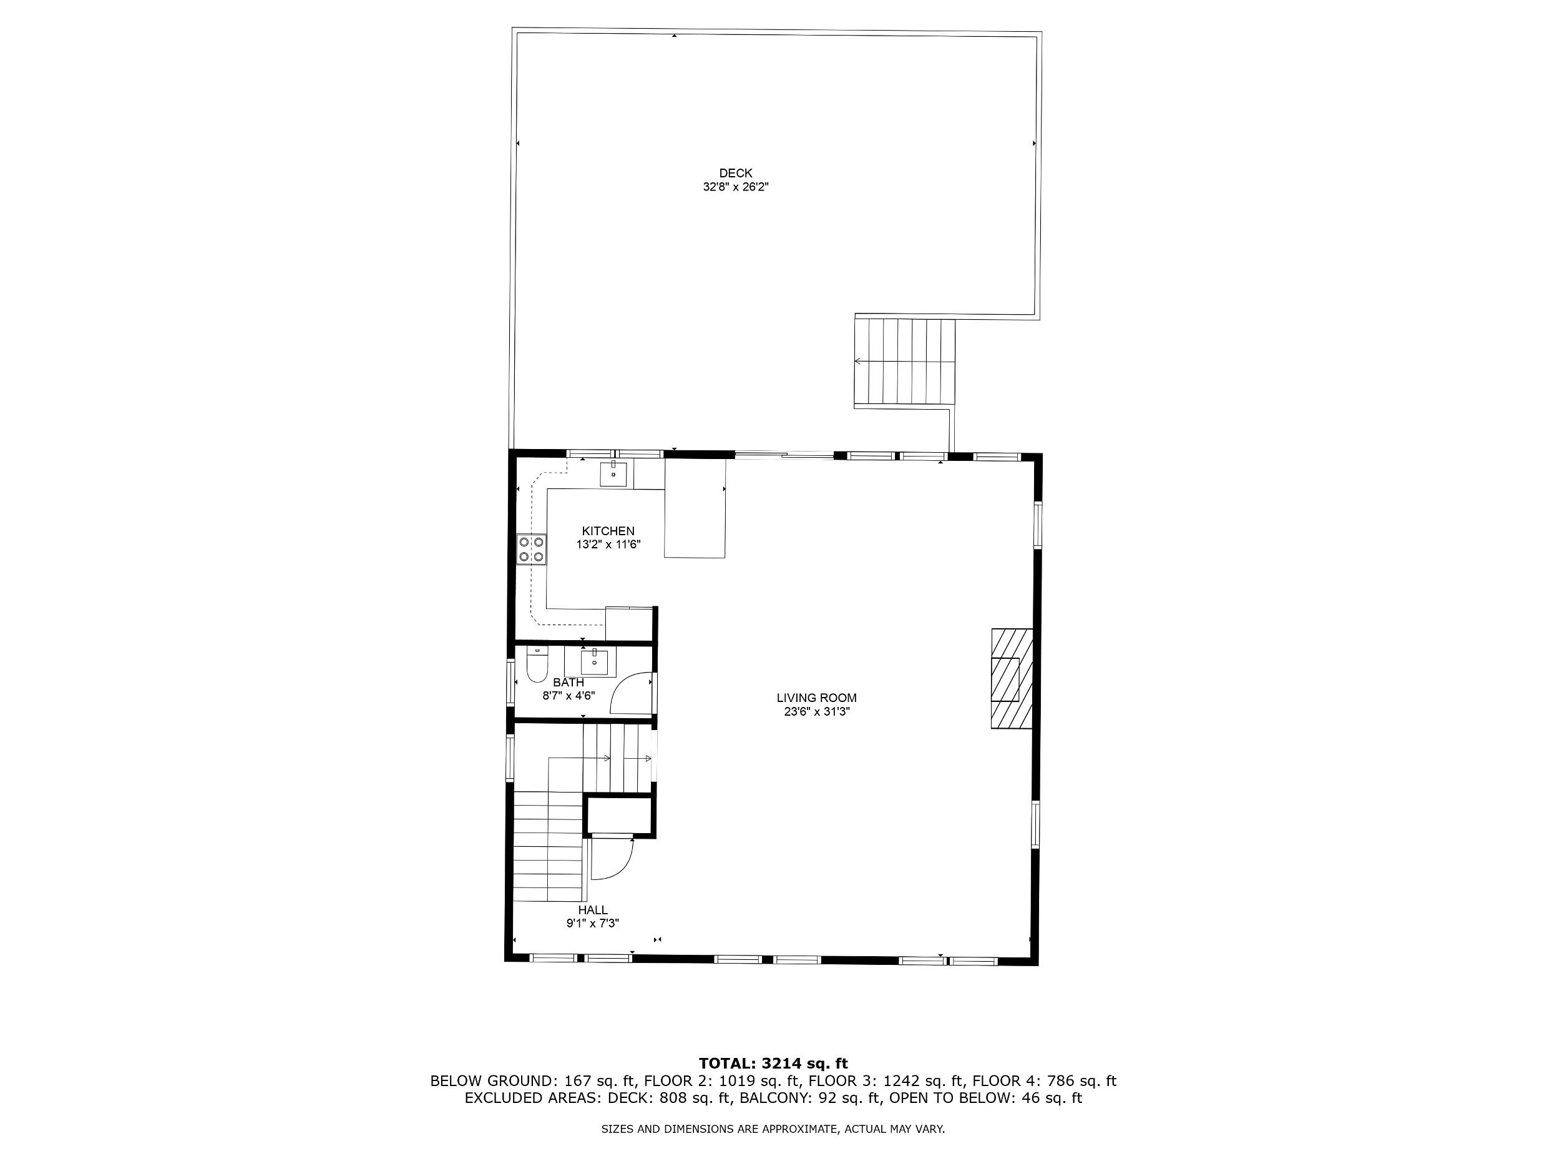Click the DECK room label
coord(736,173)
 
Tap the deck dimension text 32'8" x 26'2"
coord(736,187)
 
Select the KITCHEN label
coord(608,531)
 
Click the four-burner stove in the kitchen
coord(532,549)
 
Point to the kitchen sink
coord(613,474)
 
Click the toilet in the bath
coord(537,665)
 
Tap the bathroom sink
coord(595,661)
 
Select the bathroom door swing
coord(632,693)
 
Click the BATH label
coord(568,683)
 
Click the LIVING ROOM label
coord(816,698)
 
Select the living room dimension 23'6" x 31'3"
coord(816,713)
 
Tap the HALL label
coord(592,910)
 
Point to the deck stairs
coord(905,362)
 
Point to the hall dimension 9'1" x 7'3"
coord(592,924)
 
